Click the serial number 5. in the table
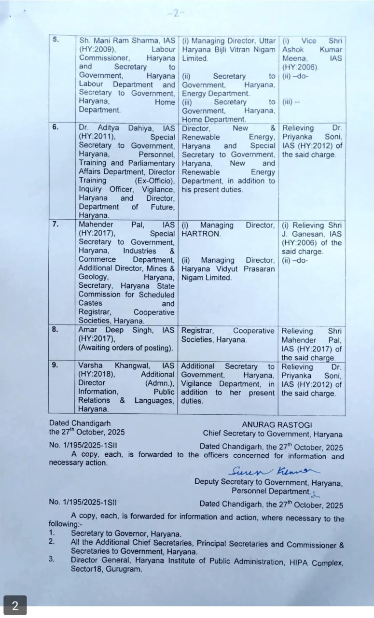(56, 40)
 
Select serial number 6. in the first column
(56, 127)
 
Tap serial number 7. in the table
(56, 225)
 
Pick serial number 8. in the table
(56, 330)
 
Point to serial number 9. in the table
(56, 365)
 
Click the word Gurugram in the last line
(126, 569)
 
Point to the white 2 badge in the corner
(15, 606)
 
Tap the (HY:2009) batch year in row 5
(97, 49)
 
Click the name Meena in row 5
(295, 58)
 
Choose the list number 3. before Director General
(52, 560)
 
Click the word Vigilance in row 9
(197, 384)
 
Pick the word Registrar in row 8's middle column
(197, 331)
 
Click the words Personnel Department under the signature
(270, 491)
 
